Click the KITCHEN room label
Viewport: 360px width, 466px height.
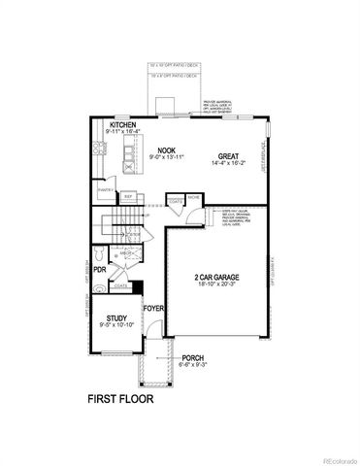tap(123, 125)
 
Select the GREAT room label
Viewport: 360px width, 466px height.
tap(229, 155)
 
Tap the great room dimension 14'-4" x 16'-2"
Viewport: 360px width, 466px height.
tap(229, 165)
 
